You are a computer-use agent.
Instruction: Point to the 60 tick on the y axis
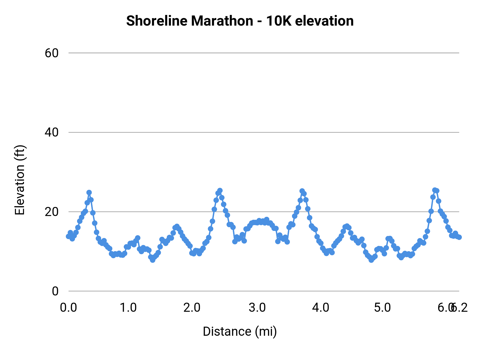click(51, 53)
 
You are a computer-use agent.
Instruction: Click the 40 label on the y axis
click(51, 132)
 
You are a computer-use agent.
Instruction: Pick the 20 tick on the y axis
click(51, 212)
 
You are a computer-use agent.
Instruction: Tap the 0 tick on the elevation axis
click(55, 291)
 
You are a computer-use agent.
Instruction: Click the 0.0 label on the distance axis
click(69, 308)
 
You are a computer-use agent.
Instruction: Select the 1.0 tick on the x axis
click(128, 308)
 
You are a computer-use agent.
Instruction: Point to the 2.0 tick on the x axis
click(192, 308)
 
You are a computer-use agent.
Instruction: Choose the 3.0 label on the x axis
click(257, 308)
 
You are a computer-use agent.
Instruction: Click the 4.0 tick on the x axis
click(321, 308)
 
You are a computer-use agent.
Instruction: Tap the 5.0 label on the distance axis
click(382, 308)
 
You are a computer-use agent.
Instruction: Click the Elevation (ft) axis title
click(20, 180)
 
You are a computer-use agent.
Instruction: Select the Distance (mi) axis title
click(240, 331)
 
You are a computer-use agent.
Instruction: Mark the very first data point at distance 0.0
click(69, 236)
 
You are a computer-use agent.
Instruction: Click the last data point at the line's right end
click(459, 237)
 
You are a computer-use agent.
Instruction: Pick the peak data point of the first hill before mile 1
click(89, 193)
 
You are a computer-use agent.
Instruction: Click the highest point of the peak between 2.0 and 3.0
click(220, 190)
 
